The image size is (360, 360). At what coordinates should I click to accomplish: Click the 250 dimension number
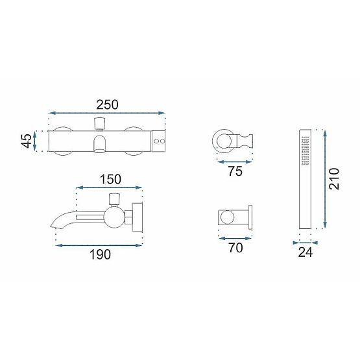tap(107, 102)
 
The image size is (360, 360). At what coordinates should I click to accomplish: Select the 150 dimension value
tap(110, 178)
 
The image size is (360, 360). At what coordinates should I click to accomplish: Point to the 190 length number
tap(101, 254)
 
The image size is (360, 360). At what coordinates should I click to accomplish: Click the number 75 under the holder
tap(234, 172)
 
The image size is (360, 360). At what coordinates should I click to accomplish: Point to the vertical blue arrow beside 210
tap(322, 178)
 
